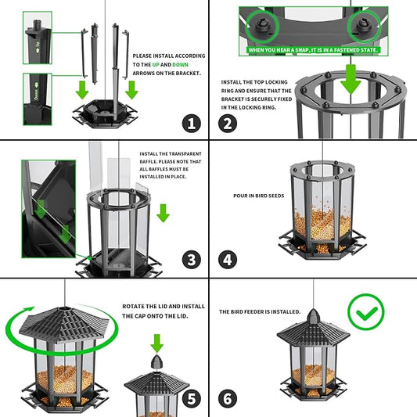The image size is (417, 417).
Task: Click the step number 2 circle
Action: coord(228,122)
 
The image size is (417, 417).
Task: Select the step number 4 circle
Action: coord(228,260)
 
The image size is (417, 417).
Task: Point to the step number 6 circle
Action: coord(228,398)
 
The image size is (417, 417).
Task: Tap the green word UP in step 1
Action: coord(154,64)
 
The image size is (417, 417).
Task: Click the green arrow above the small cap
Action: coord(156,342)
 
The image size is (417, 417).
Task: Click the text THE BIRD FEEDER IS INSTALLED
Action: coord(260,311)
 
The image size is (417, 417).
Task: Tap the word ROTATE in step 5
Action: coord(133,307)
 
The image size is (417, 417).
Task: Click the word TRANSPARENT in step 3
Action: coord(185,154)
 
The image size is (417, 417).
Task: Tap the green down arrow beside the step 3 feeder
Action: coord(163,213)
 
